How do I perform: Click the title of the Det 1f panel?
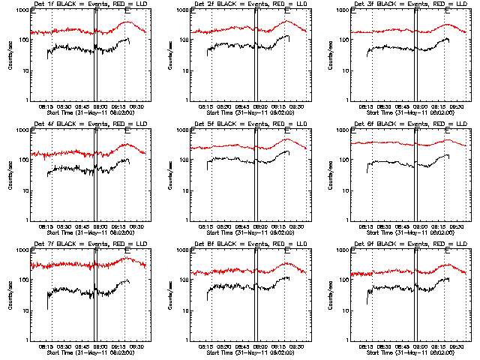point(91,4)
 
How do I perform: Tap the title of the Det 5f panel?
point(250,124)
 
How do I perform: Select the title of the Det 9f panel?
point(410,244)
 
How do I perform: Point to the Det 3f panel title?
point(410,4)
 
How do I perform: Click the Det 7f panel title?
point(91,244)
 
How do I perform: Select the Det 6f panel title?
point(410,124)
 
